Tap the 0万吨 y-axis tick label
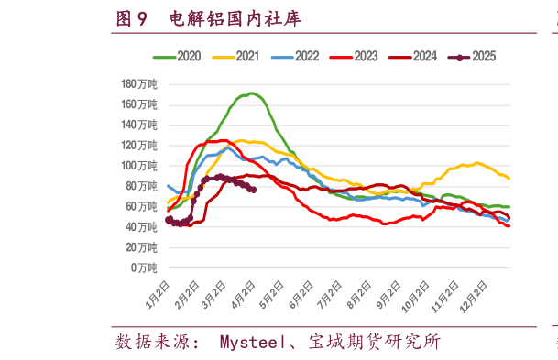point(143,267)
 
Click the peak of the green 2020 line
point(250,93)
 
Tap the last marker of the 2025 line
point(253,190)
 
